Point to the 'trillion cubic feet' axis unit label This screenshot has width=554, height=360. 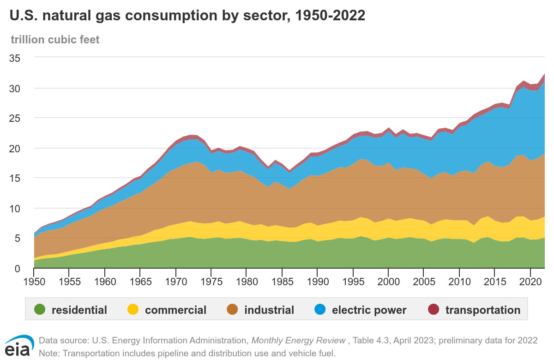(55, 40)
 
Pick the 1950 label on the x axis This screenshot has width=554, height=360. (34, 281)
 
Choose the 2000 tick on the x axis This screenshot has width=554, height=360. (388, 281)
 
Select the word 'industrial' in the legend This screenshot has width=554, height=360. (269, 310)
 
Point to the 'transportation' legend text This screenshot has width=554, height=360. (482, 310)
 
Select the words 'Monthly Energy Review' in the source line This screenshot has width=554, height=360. (298, 341)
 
